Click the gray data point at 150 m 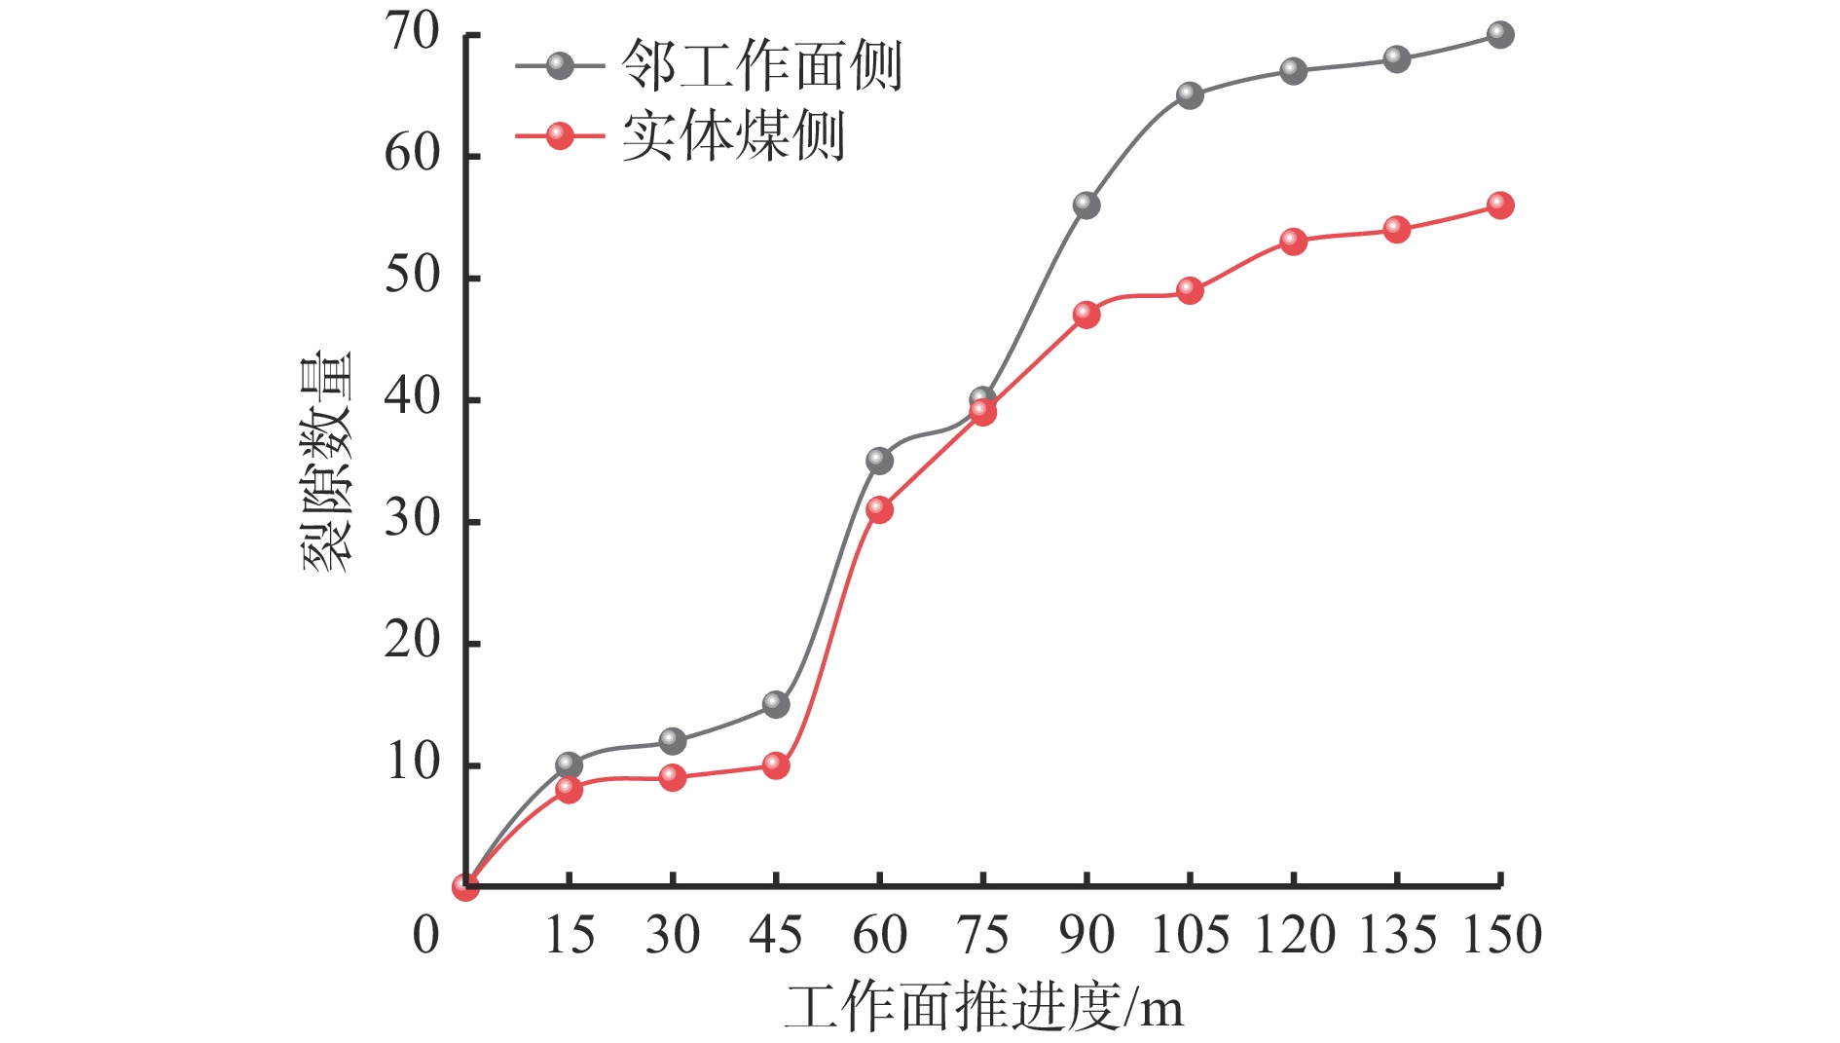click(1500, 35)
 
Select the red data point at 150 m click(1500, 205)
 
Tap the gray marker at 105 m click(1190, 95)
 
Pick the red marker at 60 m click(879, 509)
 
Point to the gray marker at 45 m click(776, 704)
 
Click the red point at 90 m click(1086, 315)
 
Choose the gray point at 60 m click(879, 461)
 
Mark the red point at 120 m click(1294, 242)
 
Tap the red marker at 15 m click(569, 790)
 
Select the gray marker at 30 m click(673, 741)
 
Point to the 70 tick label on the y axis click(413, 33)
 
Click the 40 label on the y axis click(413, 398)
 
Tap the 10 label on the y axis click(413, 764)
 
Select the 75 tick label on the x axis click(983, 936)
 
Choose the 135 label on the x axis click(1397, 936)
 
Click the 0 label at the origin click(426, 936)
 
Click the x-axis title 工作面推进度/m click(984, 1008)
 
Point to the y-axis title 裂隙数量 click(327, 462)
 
